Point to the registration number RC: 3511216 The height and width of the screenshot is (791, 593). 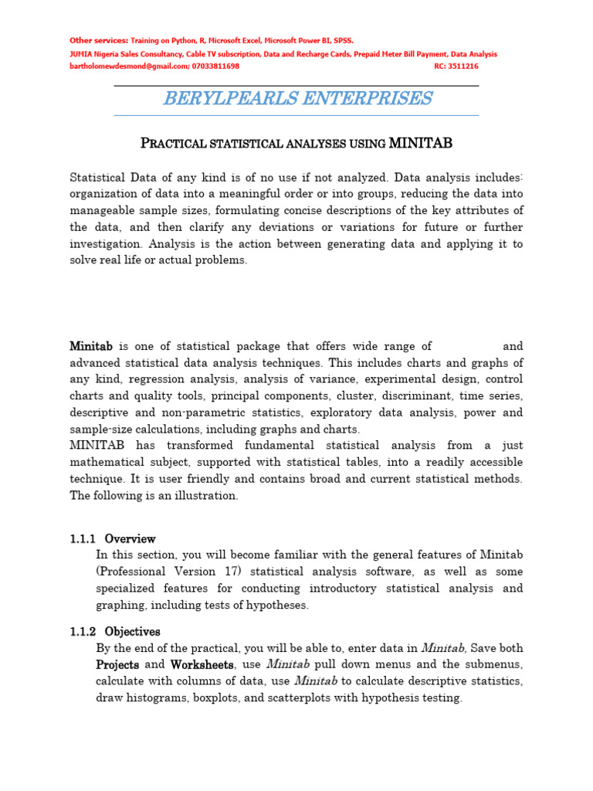coord(456,66)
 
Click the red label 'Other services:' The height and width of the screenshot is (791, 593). coord(99,40)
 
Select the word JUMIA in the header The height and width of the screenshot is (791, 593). coord(81,54)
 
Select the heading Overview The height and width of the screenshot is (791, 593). coord(130,538)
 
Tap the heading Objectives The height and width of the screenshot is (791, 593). coord(133,631)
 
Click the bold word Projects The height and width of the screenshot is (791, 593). coord(117,664)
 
